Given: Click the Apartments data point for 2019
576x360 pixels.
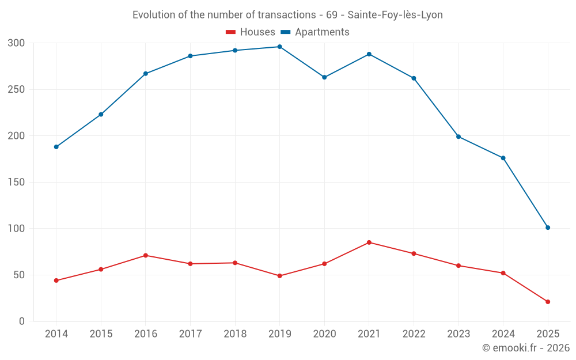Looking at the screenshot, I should point(280,47).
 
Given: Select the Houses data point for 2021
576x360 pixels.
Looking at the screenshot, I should point(369,242).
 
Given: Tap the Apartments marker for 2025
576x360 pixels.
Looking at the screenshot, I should point(548,228).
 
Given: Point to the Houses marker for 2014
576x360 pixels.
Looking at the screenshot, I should point(56,281).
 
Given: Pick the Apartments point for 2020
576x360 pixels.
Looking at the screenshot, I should point(324,77).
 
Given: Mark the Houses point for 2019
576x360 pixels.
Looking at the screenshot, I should point(280,276).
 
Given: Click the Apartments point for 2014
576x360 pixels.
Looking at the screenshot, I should point(56,147).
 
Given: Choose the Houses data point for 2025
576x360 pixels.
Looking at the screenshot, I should point(548,302).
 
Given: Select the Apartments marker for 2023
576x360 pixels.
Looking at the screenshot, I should point(458,137).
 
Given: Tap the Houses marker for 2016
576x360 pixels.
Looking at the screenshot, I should point(146,255).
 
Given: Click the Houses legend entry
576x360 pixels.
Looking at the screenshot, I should point(251,32).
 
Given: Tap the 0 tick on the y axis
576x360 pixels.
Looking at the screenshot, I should point(21,321).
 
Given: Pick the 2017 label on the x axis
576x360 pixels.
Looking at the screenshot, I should point(190,334).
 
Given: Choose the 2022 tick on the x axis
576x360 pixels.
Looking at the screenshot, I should point(414,334).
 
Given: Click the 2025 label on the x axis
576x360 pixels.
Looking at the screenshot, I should point(548,334).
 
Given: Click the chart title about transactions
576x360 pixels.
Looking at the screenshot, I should point(287,15).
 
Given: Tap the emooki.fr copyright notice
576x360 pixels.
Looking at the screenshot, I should point(526,348).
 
